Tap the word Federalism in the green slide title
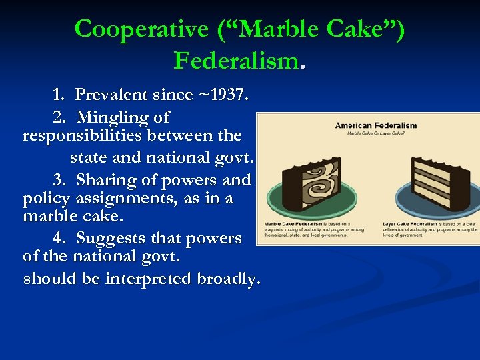(235, 61)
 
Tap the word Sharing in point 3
(105, 180)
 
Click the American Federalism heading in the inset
(375, 125)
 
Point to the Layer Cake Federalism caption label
(410, 224)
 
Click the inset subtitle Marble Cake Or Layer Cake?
(375, 133)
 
